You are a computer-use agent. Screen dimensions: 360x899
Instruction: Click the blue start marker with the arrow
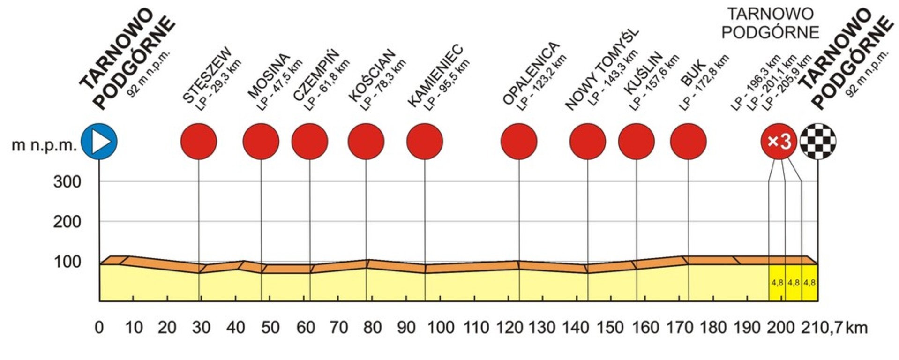[99, 142]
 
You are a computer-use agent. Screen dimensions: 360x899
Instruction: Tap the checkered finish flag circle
[818, 142]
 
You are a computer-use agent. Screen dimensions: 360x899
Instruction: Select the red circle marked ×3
[779, 142]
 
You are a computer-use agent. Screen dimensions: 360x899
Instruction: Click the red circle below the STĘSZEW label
[199, 142]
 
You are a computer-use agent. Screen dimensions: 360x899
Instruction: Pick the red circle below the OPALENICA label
[519, 142]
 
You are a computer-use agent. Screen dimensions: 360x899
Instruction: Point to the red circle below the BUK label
[688, 142]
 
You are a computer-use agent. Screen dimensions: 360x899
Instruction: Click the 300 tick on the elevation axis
[67, 182]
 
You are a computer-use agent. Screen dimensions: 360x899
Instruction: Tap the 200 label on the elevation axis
[67, 222]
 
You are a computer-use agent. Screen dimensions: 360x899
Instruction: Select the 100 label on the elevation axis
[67, 262]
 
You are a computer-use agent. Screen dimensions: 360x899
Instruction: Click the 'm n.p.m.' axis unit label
[44, 145]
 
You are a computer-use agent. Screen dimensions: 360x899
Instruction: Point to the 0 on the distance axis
[99, 327]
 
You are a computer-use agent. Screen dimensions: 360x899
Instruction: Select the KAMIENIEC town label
[435, 76]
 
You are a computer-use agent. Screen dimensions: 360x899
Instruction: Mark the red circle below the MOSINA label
[261, 142]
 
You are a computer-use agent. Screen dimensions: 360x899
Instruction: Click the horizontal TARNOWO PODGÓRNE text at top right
[770, 23]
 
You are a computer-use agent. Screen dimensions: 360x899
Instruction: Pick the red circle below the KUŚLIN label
[636, 142]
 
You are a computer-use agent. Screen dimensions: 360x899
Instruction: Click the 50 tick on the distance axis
[270, 327]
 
